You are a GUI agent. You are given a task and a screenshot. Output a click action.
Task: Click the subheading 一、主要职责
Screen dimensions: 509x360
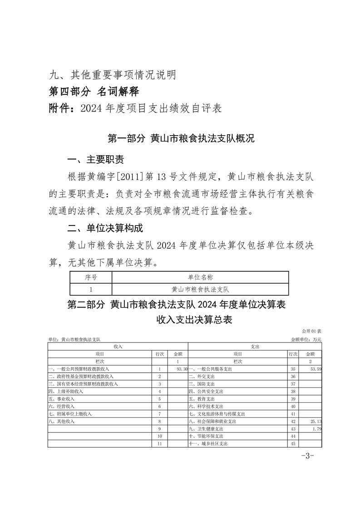point(95,160)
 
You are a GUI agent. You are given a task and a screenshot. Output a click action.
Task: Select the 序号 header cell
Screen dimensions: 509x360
point(91,277)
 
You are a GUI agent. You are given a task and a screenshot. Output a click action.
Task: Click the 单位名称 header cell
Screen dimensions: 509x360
point(200,277)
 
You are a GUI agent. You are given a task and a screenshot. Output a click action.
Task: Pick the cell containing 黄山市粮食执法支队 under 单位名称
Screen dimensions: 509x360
point(200,289)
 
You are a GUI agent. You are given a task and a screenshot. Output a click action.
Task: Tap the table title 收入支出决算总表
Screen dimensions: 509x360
point(194,320)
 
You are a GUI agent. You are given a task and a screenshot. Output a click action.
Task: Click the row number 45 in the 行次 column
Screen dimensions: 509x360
point(293,444)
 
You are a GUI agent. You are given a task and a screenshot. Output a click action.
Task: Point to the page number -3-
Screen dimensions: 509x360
point(308,456)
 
